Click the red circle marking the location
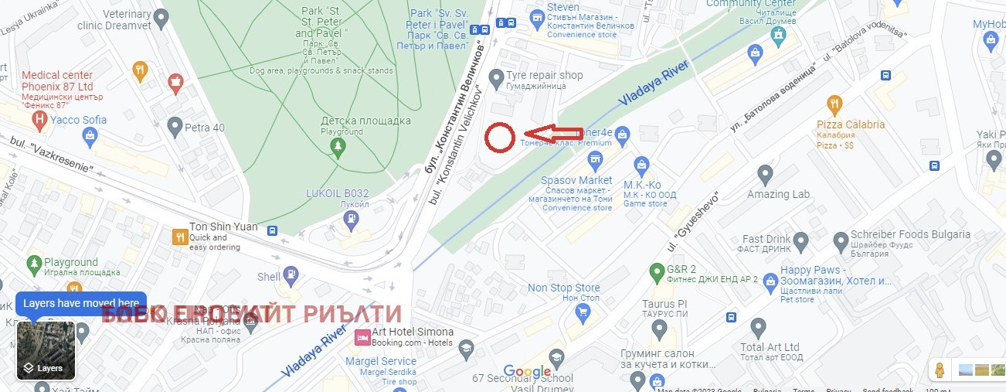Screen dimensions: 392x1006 [x=500, y=138]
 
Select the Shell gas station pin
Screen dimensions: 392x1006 [x=291, y=274]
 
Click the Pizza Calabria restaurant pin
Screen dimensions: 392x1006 [x=834, y=104]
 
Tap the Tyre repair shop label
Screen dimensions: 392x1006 [x=544, y=76]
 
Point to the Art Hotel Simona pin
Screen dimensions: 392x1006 [x=361, y=337]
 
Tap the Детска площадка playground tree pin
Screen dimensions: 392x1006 [x=337, y=146]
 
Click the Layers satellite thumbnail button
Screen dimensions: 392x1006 [x=46, y=350]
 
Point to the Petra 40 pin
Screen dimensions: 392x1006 [x=175, y=126]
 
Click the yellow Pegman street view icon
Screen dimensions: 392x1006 [x=940, y=370]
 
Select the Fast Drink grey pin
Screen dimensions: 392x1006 [x=800, y=243]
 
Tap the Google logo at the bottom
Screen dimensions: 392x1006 [x=527, y=372]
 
